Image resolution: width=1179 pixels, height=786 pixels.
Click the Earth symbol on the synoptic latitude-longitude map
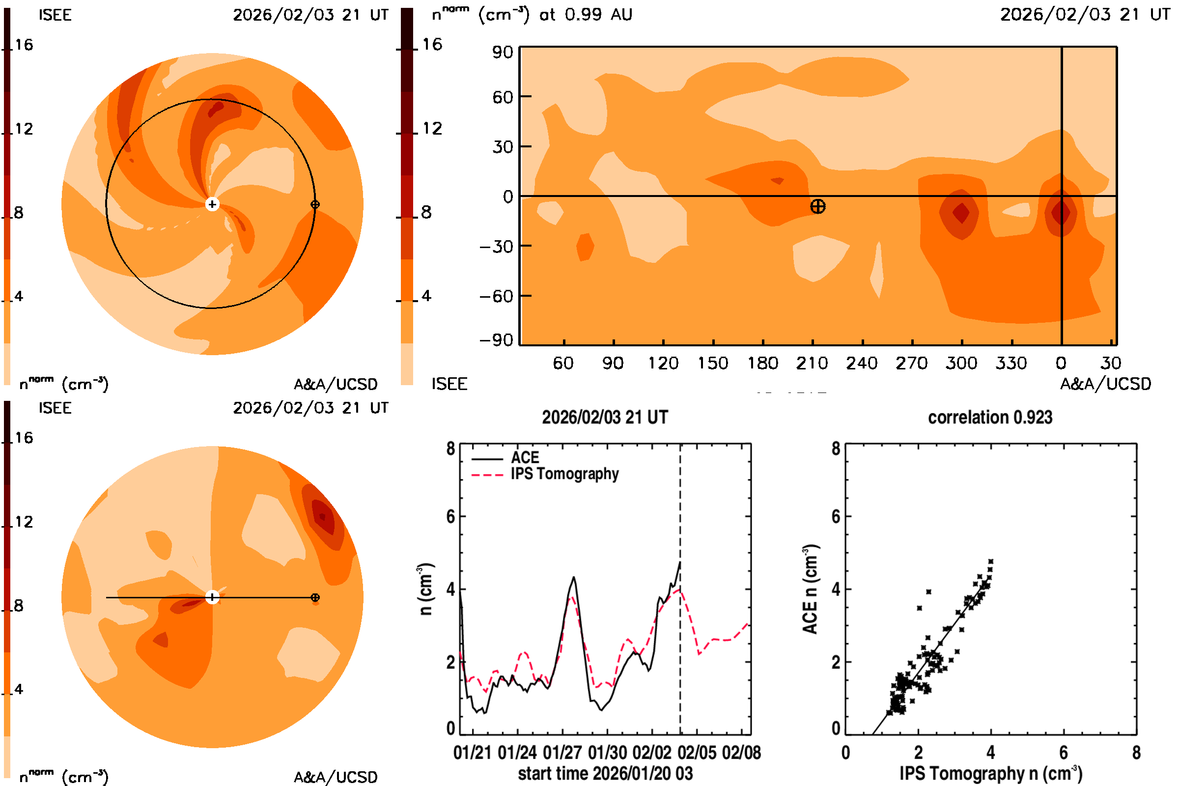pyautogui.click(x=817, y=206)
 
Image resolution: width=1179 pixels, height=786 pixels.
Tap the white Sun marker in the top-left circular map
pyautogui.click(x=212, y=204)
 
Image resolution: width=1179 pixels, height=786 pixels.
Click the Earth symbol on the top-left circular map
pyautogui.click(x=315, y=204)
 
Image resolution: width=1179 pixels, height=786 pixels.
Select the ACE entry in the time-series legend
pyautogui.click(x=524, y=457)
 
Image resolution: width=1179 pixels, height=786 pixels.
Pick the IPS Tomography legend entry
pyautogui.click(x=564, y=474)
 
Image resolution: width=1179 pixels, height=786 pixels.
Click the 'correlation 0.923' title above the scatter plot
pyautogui.click(x=989, y=417)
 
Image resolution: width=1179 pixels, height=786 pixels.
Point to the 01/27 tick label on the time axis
pyautogui.click(x=562, y=753)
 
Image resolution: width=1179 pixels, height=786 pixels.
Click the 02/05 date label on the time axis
pyautogui.click(x=697, y=753)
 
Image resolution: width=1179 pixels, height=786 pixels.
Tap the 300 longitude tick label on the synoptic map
pyautogui.click(x=961, y=363)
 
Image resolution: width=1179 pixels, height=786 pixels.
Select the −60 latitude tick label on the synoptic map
pyautogui.click(x=496, y=296)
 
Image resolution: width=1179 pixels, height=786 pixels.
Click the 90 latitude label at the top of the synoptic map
pyautogui.click(x=502, y=52)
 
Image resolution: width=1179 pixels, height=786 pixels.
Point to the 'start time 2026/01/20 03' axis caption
pyautogui.click(x=605, y=773)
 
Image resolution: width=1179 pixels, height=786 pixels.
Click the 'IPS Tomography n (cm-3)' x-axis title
pyautogui.click(x=990, y=773)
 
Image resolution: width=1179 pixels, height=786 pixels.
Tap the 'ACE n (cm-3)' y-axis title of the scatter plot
pyautogui.click(x=810, y=589)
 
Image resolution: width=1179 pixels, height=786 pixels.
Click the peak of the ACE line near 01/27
pyautogui.click(x=574, y=578)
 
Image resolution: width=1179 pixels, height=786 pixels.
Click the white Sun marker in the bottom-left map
pyautogui.click(x=212, y=597)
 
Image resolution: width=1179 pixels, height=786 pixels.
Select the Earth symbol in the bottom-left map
pyautogui.click(x=315, y=597)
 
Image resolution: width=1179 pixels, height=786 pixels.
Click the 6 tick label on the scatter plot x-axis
pyautogui.click(x=1063, y=753)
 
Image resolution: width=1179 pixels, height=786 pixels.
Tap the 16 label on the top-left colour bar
pyautogui.click(x=24, y=45)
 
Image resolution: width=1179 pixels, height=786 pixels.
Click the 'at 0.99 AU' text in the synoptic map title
pyautogui.click(x=586, y=14)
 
